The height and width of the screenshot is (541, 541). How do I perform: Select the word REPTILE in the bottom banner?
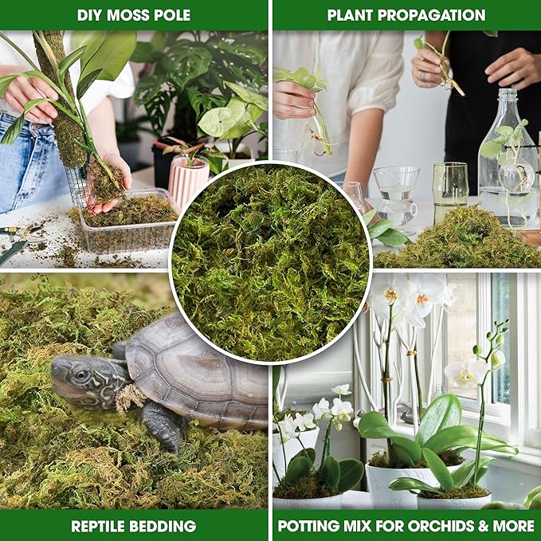[x=101, y=526]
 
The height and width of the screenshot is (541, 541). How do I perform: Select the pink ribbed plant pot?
[x=188, y=181]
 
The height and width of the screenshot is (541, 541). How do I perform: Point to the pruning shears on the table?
[x=20, y=239]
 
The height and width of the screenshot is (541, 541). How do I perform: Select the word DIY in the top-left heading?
[x=91, y=15]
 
